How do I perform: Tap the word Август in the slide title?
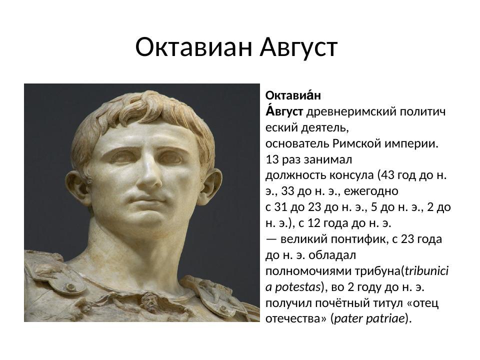(x=299, y=48)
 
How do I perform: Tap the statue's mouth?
(x=148, y=203)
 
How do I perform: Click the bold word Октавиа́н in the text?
(x=292, y=95)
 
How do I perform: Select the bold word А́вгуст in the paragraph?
(x=284, y=111)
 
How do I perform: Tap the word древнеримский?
(x=350, y=111)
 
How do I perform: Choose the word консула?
(x=350, y=175)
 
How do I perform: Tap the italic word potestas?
(x=296, y=287)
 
